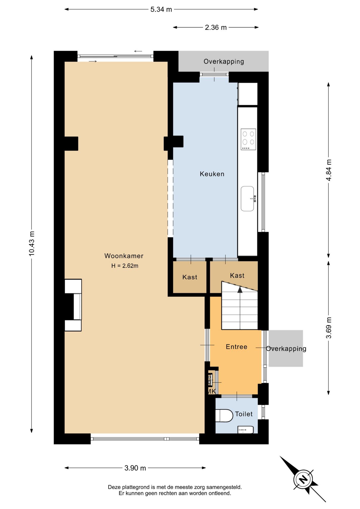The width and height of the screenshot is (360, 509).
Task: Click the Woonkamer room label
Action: pos(124,256)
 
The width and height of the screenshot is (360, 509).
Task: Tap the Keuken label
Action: pos(212,174)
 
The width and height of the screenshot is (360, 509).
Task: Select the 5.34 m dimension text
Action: pos(161,10)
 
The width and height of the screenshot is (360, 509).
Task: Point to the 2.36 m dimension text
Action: pos(216,28)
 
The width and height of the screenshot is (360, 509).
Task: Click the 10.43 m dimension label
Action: pos(32,244)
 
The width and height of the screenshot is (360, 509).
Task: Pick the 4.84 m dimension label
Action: pos(329,170)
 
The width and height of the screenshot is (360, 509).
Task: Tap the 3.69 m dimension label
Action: pos(329,328)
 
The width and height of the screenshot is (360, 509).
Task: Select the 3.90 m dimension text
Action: pos(135,468)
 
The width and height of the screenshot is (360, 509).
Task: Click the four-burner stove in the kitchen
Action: pos(248,139)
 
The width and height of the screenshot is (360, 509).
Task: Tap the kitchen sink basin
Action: pos(247,199)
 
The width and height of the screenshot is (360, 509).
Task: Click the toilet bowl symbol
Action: pos(224,415)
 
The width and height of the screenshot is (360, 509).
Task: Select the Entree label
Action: pos(236,347)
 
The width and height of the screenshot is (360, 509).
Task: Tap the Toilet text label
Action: pos(244,414)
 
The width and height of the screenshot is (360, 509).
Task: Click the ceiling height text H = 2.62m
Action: pos(125,266)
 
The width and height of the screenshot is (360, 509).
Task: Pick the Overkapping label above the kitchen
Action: pos(224,62)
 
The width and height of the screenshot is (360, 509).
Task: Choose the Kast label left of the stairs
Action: pos(190,277)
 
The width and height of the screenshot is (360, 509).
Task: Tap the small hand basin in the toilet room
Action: pos(246,430)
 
